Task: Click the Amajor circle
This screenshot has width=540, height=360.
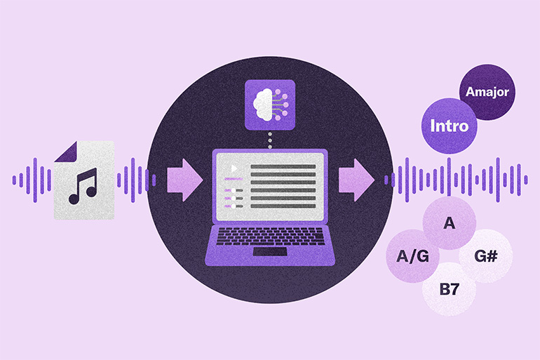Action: click(x=487, y=92)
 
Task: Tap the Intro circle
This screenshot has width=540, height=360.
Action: click(x=449, y=126)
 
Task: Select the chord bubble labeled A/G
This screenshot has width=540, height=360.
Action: click(x=412, y=256)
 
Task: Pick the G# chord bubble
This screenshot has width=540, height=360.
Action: click(x=485, y=256)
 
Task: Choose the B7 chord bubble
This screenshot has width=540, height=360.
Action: click(x=449, y=289)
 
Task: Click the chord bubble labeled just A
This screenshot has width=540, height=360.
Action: click(x=449, y=223)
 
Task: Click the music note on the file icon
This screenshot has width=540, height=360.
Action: click(x=83, y=187)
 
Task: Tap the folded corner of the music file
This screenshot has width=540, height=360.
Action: click(x=66, y=152)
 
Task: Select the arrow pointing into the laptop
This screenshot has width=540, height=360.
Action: click(x=185, y=180)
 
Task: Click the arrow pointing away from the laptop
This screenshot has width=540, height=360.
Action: click(x=356, y=180)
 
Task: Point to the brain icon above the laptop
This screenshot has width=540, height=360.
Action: click(x=270, y=105)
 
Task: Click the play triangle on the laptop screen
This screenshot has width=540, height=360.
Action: click(x=234, y=168)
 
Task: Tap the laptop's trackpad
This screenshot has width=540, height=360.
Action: click(x=270, y=251)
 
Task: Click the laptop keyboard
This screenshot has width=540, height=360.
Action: click(x=270, y=236)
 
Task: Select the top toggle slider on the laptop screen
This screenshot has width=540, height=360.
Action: click(x=234, y=190)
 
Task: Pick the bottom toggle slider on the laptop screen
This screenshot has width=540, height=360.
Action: click(x=234, y=206)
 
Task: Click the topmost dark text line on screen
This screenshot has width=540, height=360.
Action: click(x=283, y=167)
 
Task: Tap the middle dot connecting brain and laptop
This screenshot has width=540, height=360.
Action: click(x=270, y=140)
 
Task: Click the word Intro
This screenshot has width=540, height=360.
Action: click(x=450, y=126)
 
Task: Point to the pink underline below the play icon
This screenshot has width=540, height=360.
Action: click(x=234, y=179)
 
